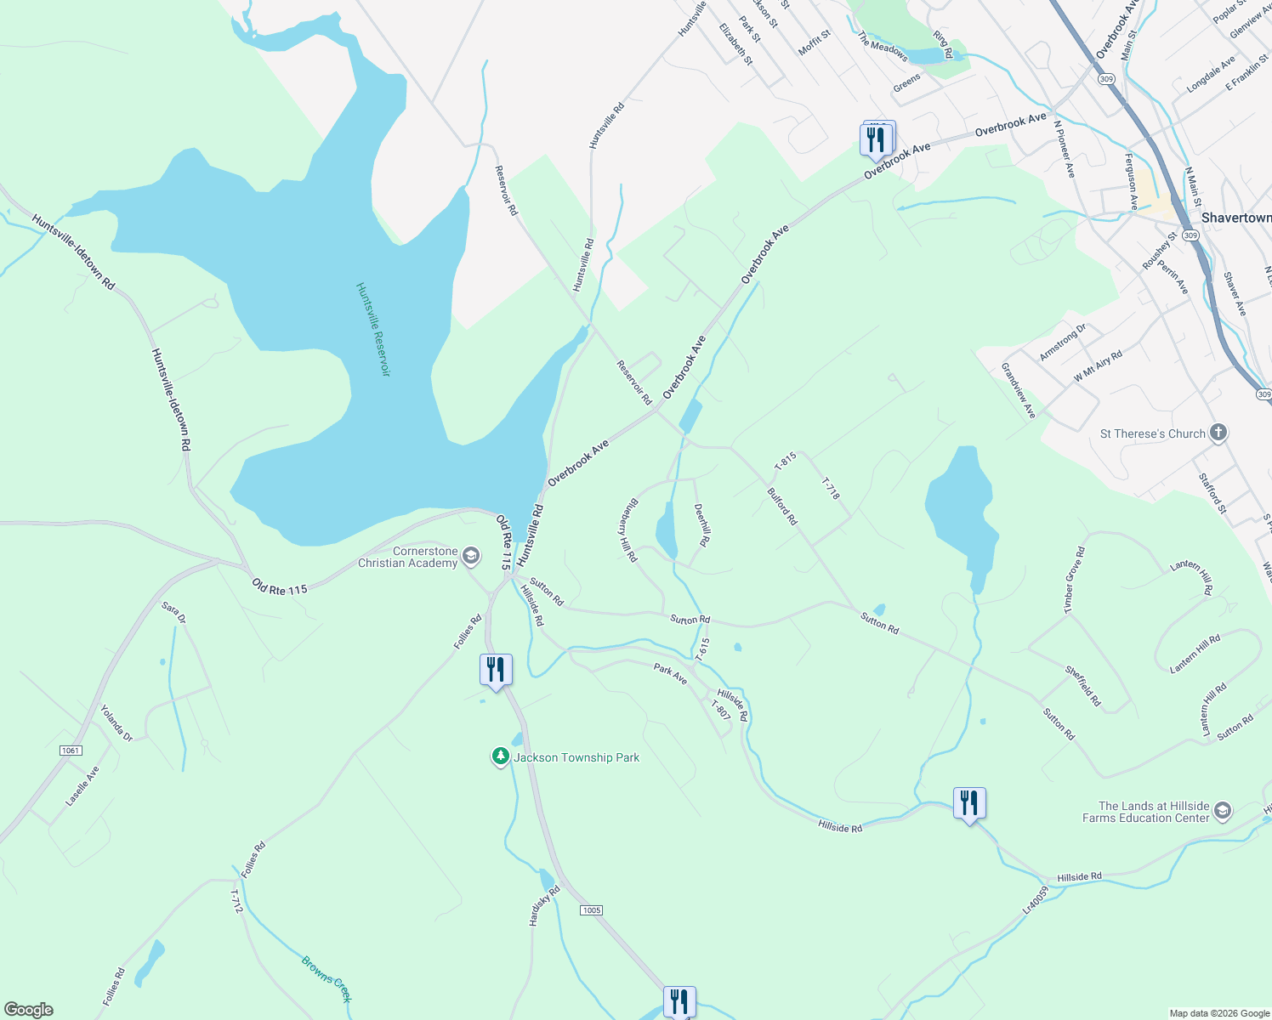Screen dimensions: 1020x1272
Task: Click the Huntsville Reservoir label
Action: click(x=373, y=330)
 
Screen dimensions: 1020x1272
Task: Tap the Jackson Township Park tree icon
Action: click(x=501, y=756)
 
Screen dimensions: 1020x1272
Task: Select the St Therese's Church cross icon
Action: click(x=1218, y=433)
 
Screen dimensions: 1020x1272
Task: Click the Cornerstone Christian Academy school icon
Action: click(x=472, y=557)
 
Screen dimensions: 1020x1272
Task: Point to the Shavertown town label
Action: click(x=1235, y=218)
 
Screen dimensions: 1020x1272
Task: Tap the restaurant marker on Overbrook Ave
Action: click(x=877, y=139)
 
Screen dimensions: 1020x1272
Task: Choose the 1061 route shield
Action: click(x=71, y=750)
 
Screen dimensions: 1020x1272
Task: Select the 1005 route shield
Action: click(x=592, y=910)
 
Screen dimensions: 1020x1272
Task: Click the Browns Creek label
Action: click(x=327, y=979)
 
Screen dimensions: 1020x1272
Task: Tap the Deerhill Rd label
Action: click(x=702, y=524)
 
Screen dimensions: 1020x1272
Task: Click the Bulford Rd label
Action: click(x=782, y=506)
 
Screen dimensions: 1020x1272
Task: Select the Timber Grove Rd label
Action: click(x=1075, y=580)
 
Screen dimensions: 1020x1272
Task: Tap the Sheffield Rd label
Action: click(x=1083, y=686)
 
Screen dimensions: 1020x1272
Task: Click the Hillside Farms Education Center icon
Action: click(x=1223, y=811)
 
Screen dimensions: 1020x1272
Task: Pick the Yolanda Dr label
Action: click(x=116, y=722)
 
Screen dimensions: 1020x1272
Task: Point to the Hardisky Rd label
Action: click(x=544, y=906)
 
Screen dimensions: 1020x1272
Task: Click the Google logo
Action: click(x=29, y=1010)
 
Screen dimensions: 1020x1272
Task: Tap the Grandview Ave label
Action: click(x=1019, y=390)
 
